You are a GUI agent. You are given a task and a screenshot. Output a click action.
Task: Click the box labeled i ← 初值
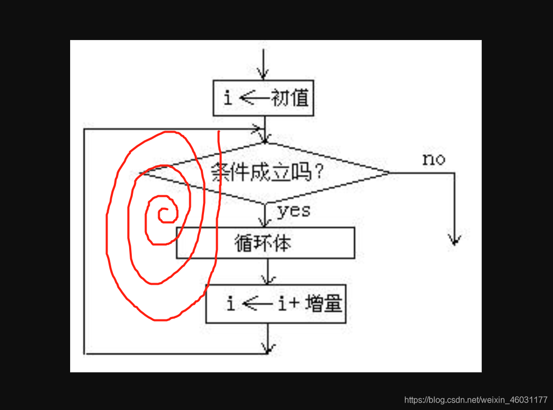(x=263, y=98)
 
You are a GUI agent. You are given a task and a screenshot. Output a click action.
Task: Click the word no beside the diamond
(x=433, y=159)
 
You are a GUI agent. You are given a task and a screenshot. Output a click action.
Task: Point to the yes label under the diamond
(x=294, y=211)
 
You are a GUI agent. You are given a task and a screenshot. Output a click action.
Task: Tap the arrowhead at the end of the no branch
(x=454, y=239)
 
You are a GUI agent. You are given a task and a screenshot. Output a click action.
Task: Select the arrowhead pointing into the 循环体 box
(x=266, y=222)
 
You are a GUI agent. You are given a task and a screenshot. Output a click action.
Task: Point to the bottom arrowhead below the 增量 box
(x=269, y=348)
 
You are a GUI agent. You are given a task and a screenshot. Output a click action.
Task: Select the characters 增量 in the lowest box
(x=324, y=304)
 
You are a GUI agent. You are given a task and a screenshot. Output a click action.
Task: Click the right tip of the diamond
(x=389, y=173)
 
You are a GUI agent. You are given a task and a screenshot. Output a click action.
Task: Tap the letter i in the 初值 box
(x=228, y=98)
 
